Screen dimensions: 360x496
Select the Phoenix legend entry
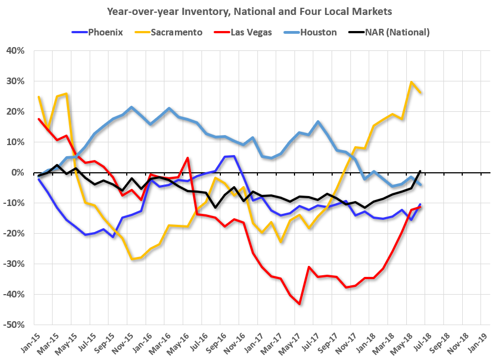pos(99,32)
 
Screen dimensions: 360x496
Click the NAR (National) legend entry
pos(394,32)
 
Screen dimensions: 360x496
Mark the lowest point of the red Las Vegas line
pos(299,304)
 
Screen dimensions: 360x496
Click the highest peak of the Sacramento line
pos(411,83)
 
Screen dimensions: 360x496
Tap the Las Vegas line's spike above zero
pos(188,158)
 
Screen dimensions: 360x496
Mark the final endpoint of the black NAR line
pos(421,171)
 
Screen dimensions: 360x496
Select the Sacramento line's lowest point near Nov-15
pos(132,259)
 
